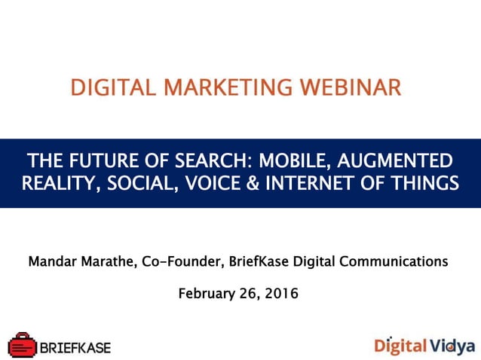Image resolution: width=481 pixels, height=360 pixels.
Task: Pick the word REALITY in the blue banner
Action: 53,183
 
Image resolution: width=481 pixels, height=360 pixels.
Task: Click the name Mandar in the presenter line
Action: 54,262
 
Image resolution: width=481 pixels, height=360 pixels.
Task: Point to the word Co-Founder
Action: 178,262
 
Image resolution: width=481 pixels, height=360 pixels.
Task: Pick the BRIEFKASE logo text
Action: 75,347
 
